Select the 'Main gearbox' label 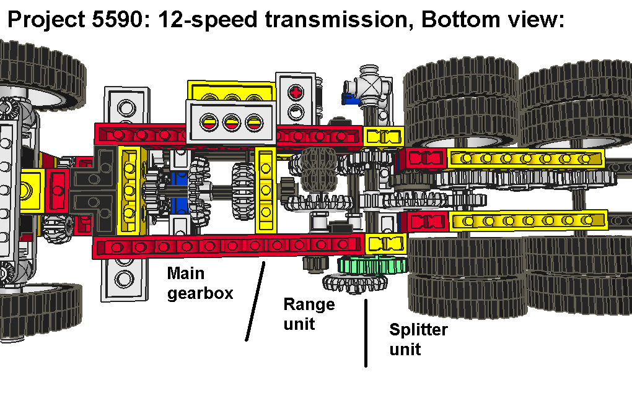click(x=200, y=283)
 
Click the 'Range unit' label click(x=309, y=313)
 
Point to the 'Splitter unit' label click(x=418, y=338)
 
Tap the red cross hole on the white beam click(x=297, y=93)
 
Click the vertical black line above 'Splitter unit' click(x=366, y=333)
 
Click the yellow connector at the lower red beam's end click(x=384, y=243)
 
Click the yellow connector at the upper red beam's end click(x=383, y=136)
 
